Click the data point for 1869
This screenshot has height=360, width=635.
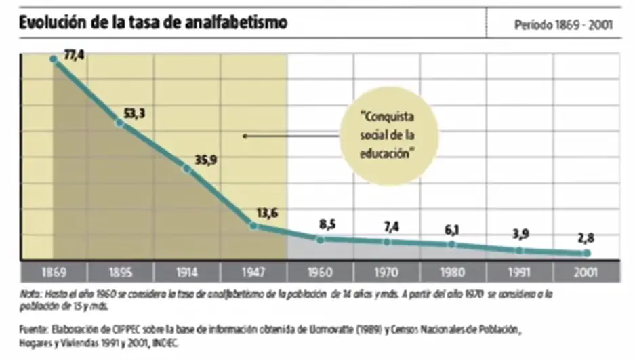point(54,58)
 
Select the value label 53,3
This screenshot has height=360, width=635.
point(134,113)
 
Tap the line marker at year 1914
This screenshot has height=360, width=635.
point(187,168)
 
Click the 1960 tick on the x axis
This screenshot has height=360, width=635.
point(320,273)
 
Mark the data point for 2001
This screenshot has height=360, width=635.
point(587,253)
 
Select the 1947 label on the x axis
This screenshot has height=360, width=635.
point(253,273)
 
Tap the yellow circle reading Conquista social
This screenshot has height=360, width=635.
point(386,136)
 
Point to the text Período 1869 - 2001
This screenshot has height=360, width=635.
point(563,25)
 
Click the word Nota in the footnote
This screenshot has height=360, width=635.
point(30,294)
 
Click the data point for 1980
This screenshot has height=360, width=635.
point(453,245)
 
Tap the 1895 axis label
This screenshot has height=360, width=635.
point(120,273)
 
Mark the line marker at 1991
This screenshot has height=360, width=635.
point(520,249)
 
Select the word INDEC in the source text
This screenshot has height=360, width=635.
point(168,342)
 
